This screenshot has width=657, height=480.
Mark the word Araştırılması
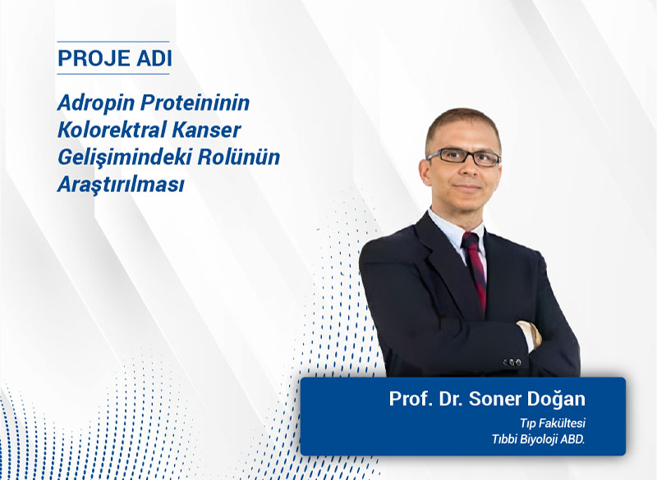pyautogui.click(x=121, y=184)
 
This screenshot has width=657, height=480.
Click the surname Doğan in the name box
pyautogui.click(x=557, y=400)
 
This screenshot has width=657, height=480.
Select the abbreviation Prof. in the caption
pyautogui.click(x=408, y=400)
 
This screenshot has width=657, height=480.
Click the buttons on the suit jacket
pyautogui.click(x=512, y=361)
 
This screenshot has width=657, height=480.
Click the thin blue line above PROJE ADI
pyautogui.click(x=113, y=42)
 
